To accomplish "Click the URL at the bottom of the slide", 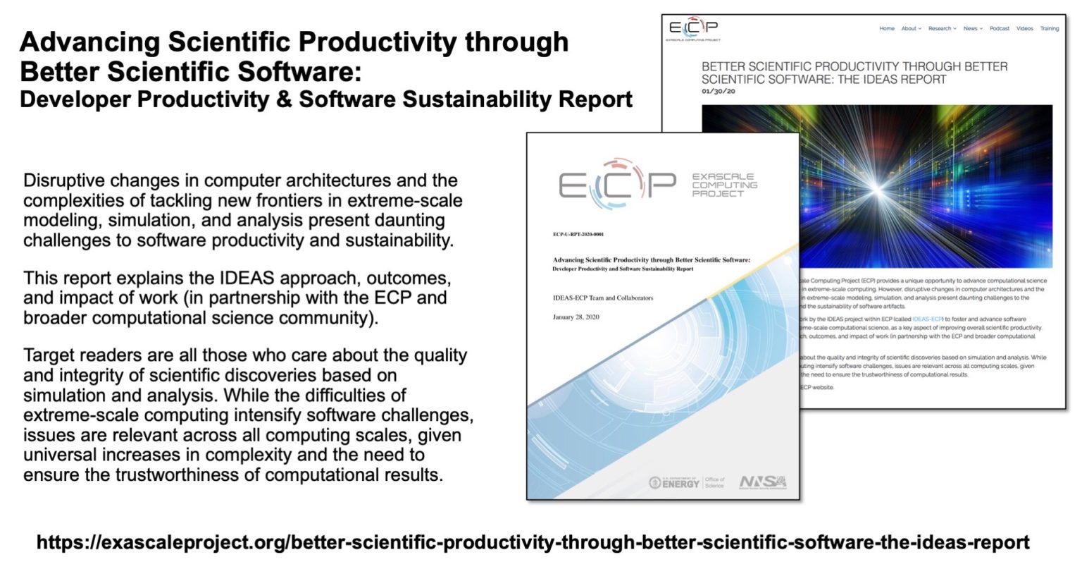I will tap(533, 542).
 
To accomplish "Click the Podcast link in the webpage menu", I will tap(999, 29).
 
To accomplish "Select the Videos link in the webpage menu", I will tap(1024, 29).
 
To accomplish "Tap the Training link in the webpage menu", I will tap(1050, 29).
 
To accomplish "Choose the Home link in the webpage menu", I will tap(887, 29).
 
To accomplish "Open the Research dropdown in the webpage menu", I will tap(942, 29).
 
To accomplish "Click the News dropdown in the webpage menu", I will tap(972, 29).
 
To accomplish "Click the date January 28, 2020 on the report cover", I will tap(576, 317).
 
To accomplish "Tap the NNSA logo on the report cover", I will tap(763, 482).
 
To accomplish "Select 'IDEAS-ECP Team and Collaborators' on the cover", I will tap(602, 298).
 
